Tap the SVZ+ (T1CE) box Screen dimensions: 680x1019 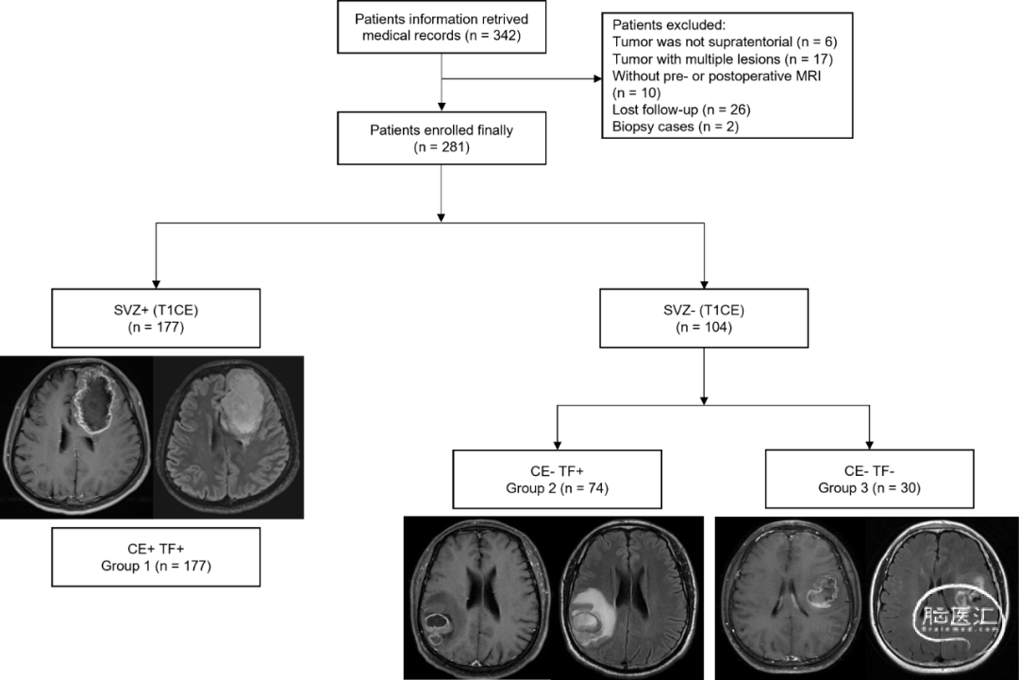pyautogui.click(x=157, y=319)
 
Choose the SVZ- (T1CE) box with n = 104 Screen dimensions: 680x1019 pyautogui.click(x=702, y=319)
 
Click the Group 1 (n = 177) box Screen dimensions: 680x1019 pyautogui.click(x=157, y=557)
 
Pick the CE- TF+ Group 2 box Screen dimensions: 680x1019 pyautogui.click(x=556, y=480)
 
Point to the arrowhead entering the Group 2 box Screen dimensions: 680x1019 pyautogui.click(x=556, y=445)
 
